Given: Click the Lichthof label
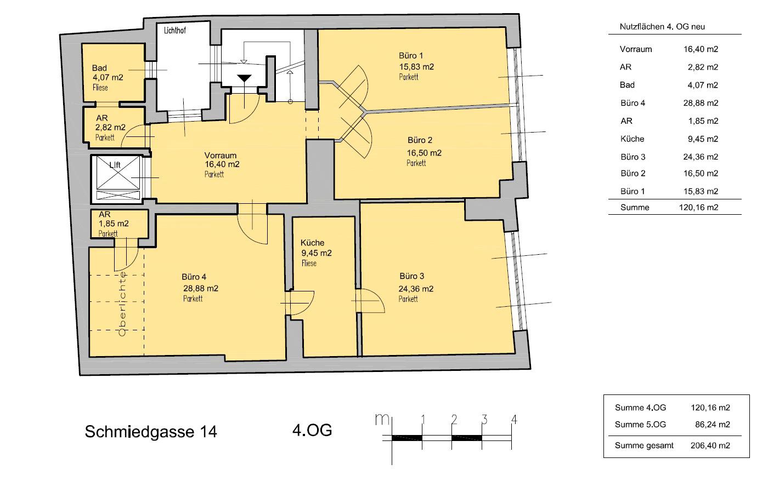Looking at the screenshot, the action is click(175, 31).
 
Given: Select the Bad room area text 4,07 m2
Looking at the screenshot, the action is click(108, 77).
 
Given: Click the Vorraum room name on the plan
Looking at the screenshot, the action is click(221, 155).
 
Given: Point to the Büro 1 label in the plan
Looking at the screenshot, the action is click(411, 55).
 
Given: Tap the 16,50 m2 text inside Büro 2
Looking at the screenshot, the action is click(424, 153).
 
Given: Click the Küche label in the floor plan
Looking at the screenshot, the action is click(312, 243).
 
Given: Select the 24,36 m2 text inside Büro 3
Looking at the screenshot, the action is click(416, 289).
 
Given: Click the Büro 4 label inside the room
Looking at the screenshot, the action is click(194, 277).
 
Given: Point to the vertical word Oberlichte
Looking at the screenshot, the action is click(122, 304).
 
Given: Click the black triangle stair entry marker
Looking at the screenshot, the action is click(244, 78).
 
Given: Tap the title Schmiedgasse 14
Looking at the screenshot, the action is click(151, 432).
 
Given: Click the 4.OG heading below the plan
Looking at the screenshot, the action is click(312, 430).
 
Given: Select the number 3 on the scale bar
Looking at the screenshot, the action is click(484, 419).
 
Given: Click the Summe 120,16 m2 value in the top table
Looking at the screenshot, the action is click(698, 208).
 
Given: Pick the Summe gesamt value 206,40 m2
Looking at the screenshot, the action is click(710, 445).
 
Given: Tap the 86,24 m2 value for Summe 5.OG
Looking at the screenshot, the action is click(713, 425).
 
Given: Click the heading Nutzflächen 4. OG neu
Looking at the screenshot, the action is click(662, 27).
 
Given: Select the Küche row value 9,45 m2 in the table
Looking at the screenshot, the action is click(703, 139).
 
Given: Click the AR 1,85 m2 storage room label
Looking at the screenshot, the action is click(114, 224).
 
